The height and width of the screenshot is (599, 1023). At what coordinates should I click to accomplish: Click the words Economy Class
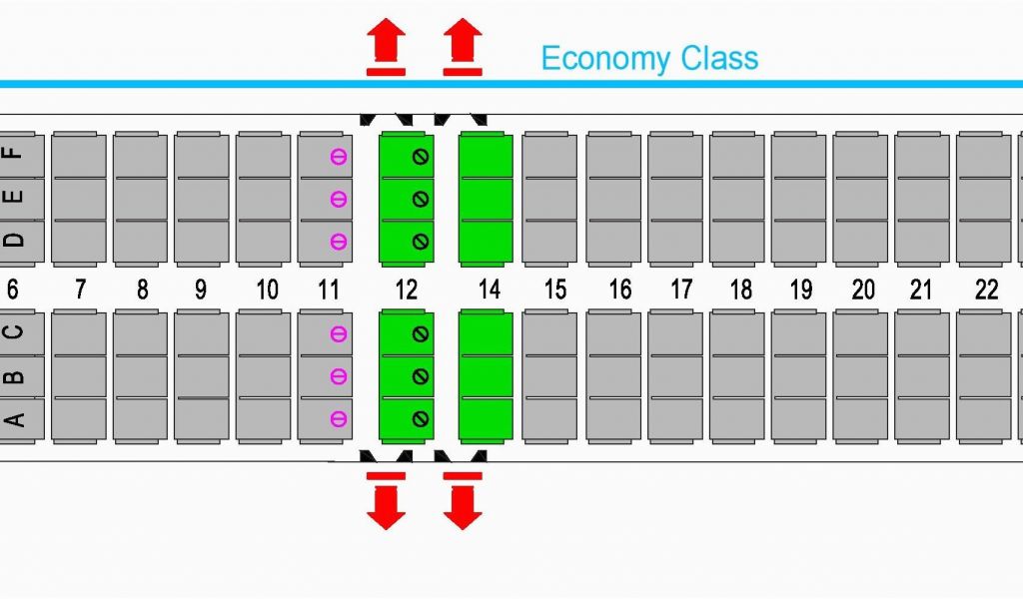click(x=649, y=58)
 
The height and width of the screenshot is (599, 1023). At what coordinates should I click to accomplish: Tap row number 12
click(x=406, y=290)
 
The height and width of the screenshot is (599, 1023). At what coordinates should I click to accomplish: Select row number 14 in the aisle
click(x=489, y=290)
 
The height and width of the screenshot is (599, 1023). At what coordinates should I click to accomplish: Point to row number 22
click(x=986, y=290)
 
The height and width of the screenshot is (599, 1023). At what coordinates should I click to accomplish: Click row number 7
click(x=80, y=290)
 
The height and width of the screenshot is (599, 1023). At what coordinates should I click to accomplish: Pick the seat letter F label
click(x=14, y=155)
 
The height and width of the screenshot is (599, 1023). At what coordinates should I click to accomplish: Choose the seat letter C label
click(x=14, y=333)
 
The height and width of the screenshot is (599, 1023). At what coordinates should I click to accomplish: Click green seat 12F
click(x=406, y=156)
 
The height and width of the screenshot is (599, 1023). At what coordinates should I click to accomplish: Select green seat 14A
click(x=486, y=420)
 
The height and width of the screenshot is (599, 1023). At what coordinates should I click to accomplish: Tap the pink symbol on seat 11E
click(x=339, y=199)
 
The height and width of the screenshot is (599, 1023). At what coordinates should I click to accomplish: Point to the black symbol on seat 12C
click(x=421, y=334)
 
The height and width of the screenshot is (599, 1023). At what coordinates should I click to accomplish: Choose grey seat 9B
click(x=202, y=376)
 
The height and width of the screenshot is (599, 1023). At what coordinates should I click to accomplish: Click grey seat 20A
click(x=860, y=420)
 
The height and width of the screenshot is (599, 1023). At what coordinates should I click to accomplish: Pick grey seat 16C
click(x=613, y=333)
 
